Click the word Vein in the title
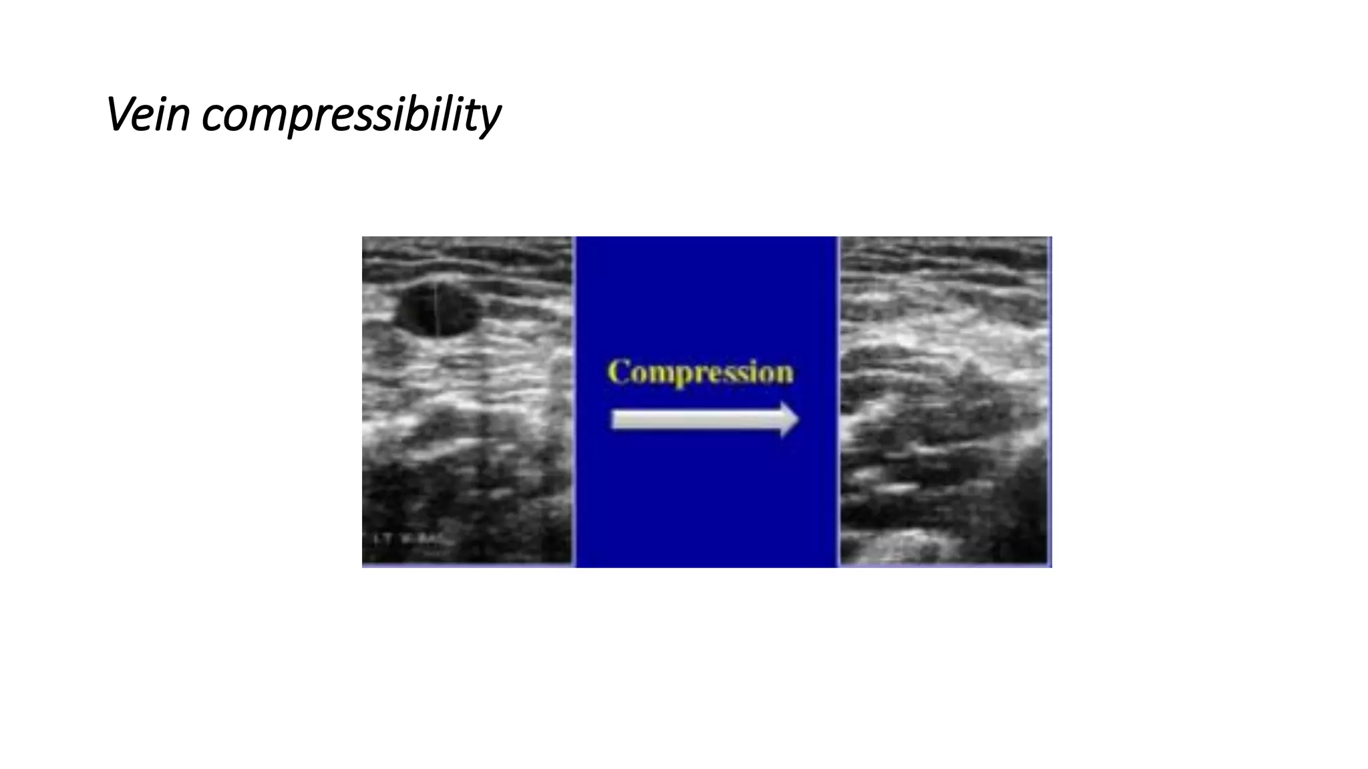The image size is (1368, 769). click(148, 114)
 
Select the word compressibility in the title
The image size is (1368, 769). click(351, 115)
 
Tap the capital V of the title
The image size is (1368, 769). click(120, 114)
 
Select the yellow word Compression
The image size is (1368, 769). click(701, 372)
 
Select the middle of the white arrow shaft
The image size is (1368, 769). click(695, 420)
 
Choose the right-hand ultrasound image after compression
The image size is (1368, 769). click(944, 401)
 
